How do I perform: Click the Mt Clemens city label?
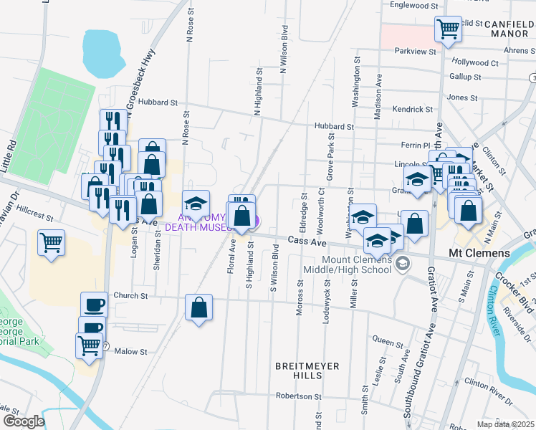478,253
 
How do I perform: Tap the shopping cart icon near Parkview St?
448,29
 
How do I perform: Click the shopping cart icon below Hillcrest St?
52,243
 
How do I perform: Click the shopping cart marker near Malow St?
90,345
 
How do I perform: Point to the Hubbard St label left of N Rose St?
158,103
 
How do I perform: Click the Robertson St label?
300,396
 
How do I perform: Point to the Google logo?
24,421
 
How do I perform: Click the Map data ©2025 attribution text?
505,424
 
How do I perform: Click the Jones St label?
462,97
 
